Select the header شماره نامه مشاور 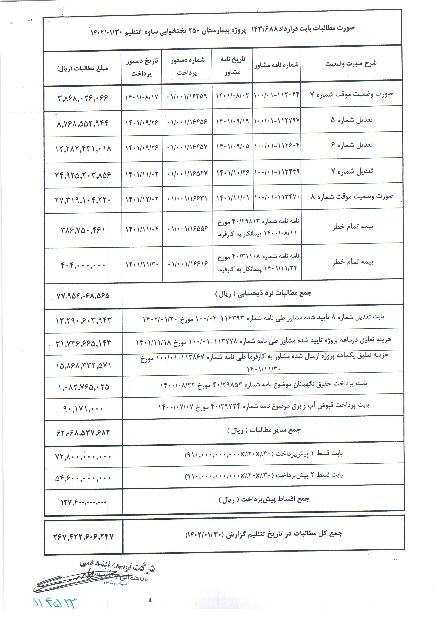tap(276, 65)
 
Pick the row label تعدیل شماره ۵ tap(351, 120)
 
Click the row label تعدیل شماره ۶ tap(352, 145)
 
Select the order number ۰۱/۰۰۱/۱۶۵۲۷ tap(187, 173)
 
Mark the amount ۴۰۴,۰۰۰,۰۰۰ tap(83, 265)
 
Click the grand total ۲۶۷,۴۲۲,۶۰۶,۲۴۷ tap(83, 536)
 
